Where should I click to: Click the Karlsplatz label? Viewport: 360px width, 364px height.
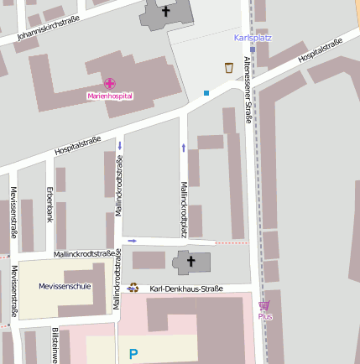click(253, 38)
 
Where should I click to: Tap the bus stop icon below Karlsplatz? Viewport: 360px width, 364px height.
click(253, 49)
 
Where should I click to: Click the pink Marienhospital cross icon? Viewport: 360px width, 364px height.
click(110, 83)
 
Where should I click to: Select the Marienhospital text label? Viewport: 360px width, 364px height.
click(110, 96)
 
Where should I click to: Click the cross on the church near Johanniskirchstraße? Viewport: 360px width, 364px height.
click(165, 11)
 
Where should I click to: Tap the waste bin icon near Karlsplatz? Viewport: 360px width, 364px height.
click(228, 68)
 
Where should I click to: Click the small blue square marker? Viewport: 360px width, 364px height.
click(206, 92)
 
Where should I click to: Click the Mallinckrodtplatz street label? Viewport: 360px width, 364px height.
click(183, 208)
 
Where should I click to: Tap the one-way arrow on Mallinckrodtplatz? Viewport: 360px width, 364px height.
click(183, 148)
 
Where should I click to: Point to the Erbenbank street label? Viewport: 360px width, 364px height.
click(50, 203)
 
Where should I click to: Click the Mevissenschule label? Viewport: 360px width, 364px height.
click(65, 286)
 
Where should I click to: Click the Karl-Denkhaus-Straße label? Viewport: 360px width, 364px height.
click(186, 289)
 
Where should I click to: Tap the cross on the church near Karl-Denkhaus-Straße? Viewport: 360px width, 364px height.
click(190, 262)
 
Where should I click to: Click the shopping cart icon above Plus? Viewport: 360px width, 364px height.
click(264, 305)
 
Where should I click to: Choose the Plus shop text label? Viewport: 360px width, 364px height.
click(264, 316)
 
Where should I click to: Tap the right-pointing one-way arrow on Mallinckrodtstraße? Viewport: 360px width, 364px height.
click(133, 241)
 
